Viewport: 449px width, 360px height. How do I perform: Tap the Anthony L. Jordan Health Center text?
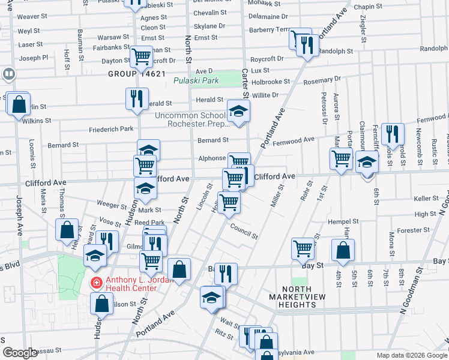click(x=131, y=284)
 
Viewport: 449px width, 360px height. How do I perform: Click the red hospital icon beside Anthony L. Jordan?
click(x=95, y=281)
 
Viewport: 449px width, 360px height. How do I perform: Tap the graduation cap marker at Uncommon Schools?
click(x=238, y=111)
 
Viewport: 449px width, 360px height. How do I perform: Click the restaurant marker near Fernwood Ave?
click(x=392, y=134)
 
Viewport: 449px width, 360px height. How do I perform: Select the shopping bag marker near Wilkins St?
click(x=19, y=103)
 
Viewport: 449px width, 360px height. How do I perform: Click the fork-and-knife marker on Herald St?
click(x=137, y=98)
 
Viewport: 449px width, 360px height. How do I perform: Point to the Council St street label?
click(x=244, y=231)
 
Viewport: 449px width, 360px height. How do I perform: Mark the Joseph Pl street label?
click(x=33, y=58)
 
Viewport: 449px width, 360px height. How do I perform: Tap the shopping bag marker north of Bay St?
click(x=342, y=250)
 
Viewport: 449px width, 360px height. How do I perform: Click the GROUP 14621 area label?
click(x=136, y=74)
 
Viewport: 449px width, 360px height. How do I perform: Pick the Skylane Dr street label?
click(x=209, y=26)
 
